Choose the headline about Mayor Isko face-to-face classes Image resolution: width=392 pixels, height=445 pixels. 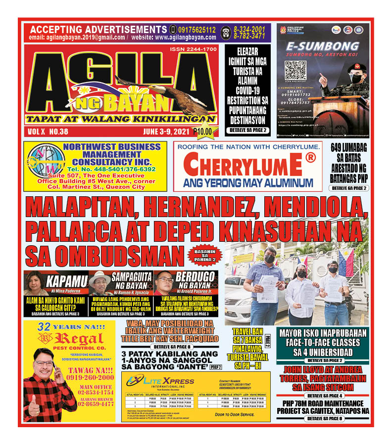pos(322,342)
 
